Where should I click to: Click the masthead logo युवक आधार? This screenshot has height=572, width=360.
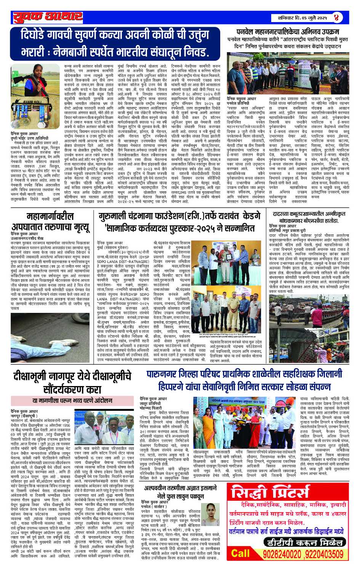48,17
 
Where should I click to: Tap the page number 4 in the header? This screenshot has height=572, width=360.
336,18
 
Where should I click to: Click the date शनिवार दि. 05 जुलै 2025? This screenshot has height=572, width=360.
299,18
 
